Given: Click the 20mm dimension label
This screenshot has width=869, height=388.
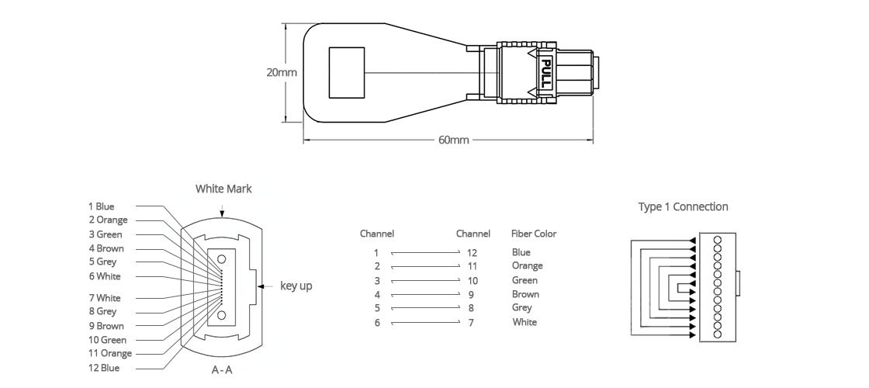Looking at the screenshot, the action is [x=282, y=72].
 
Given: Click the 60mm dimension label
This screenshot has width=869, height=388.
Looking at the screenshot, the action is [x=453, y=140].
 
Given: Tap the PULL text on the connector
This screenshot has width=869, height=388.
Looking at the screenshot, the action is [x=546, y=73].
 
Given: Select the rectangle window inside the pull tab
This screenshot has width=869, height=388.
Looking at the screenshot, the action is [x=347, y=73].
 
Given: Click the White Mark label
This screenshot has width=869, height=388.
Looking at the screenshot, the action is [x=223, y=189].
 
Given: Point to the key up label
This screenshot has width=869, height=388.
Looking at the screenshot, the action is [x=296, y=286].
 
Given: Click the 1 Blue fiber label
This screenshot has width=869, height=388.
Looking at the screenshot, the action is [x=102, y=206].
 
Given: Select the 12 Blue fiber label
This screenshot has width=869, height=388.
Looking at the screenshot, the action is [x=104, y=368].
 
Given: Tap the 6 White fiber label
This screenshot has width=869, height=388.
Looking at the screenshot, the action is [x=104, y=276].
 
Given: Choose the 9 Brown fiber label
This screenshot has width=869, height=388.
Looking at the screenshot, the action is [x=106, y=326].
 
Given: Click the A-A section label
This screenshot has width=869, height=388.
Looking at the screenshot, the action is [x=222, y=369].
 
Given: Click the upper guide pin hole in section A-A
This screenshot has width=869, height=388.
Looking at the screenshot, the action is [x=222, y=259].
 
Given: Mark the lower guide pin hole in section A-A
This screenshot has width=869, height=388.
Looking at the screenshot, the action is [x=222, y=315].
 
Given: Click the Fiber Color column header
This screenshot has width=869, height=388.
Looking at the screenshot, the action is [x=534, y=234].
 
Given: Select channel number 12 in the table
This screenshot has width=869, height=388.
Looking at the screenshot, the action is [x=472, y=253].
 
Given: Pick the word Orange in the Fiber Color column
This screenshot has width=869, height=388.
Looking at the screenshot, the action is [x=527, y=266].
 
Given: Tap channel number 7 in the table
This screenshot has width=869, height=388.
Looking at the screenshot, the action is [x=471, y=323].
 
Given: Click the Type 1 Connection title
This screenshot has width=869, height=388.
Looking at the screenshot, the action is [x=683, y=206].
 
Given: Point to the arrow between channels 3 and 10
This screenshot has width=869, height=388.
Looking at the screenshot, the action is [x=426, y=280].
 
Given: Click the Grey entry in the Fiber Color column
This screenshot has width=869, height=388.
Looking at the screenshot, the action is [x=521, y=307].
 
